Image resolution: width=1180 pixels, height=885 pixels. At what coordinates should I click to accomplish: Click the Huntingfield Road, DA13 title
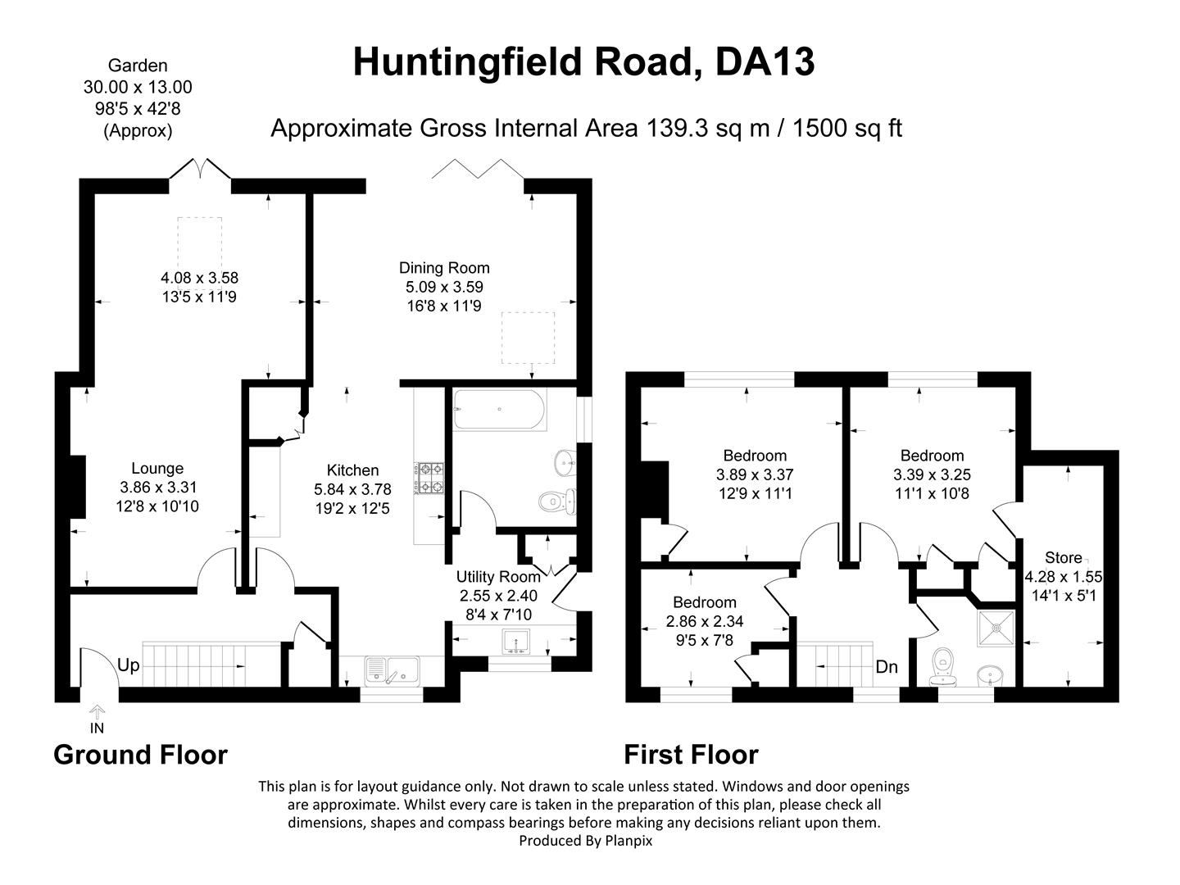pyautogui.click(x=583, y=62)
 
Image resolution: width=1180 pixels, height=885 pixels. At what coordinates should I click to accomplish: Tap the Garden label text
pyautogui.click(x=138, y=66)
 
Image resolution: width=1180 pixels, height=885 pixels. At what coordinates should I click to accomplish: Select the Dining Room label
pyautogui.click(x=444, y=267)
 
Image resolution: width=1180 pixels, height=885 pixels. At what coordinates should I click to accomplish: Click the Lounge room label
pyautogui.click(x=157, y=469)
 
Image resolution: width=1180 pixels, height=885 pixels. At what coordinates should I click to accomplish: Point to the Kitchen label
pyautogui.click(x=352, y=470)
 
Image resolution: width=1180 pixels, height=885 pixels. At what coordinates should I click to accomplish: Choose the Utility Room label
pyautogui.click(x=498, y=577)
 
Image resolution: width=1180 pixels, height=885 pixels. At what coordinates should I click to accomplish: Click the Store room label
pyautogui.click(x=1063, y=558)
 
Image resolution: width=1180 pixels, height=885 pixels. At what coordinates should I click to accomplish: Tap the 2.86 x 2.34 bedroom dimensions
pyautogui.click(x=705, y=622)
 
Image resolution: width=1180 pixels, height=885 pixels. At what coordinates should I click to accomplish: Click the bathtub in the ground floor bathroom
pyautogui.click(x=500, y=410)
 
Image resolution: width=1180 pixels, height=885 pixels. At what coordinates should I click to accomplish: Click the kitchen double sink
pyautogui.click(x=392, y=670)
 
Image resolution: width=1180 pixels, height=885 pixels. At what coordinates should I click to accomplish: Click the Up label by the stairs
pyautogui.click(x=129, y=665)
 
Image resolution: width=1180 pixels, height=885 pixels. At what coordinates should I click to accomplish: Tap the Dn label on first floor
pyautogui.click(x=887, y=667)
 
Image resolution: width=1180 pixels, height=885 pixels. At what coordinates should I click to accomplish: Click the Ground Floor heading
pyautogui.click(x=140, y=755)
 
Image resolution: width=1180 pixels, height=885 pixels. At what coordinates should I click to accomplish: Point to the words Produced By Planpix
pyautogui.click(x=585, y=841)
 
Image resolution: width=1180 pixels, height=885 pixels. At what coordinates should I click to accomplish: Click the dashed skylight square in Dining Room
pyautogui.click(x=527, y=338)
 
